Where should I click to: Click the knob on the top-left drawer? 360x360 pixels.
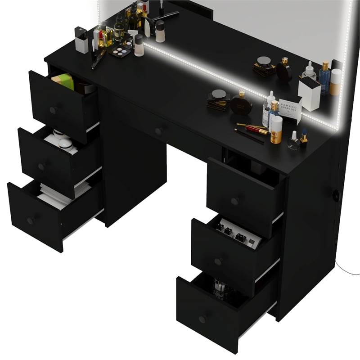pos(54,110)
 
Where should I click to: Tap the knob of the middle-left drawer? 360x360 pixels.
pos(42,166)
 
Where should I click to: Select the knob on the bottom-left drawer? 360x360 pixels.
pos(31,220)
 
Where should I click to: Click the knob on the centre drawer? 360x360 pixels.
pos(158,131)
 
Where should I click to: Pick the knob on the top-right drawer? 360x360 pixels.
pos(234,201)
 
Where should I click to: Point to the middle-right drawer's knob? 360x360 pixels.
pos(218,261)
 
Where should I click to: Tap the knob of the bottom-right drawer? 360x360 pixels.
pos(202,319)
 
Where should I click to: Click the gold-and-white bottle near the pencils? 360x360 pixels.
pos(276,129)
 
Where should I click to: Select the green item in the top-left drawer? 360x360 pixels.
pos(63,81)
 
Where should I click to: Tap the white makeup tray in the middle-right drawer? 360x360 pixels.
pos(238,232)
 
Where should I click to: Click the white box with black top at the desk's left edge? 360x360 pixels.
pos(81,40)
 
